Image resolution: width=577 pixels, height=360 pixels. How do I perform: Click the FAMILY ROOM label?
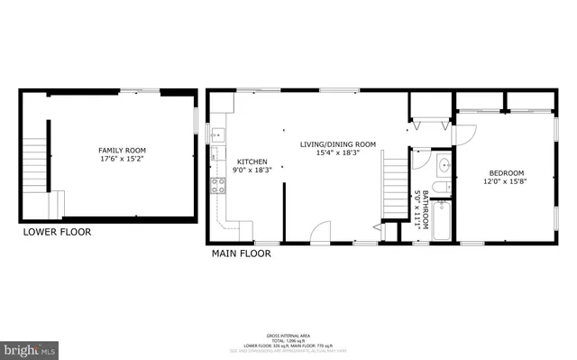point(122,151)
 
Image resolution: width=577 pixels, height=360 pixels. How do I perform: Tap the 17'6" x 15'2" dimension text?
point(122,161)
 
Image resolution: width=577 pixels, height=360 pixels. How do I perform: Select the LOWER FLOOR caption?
point(57,232)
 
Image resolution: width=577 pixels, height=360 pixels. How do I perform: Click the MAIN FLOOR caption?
point(241,254)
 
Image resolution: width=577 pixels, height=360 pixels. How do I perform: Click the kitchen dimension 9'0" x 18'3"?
point(252,170)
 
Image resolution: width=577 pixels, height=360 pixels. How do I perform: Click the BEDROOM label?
point(506,173)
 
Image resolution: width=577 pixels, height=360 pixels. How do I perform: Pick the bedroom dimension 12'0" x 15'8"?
point(506,183)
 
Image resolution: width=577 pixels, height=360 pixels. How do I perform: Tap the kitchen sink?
point(216,135)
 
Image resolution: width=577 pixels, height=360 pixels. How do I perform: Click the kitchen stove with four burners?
point(217,187)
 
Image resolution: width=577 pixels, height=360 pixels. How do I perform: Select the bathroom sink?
point(443,166)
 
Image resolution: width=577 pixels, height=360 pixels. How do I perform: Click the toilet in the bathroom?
point(439,188)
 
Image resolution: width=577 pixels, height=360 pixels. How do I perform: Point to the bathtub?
point(443,221)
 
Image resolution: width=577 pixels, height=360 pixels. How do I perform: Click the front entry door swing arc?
point(321,233)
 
